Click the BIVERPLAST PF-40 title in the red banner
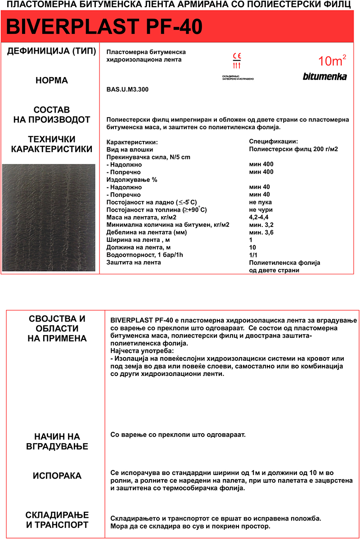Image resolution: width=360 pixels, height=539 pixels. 104,27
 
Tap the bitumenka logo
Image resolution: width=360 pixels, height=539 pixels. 324,77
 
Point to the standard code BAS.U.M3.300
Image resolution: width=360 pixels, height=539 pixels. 127,90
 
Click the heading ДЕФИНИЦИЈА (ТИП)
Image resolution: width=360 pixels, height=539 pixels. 52,51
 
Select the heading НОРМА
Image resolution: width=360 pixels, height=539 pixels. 52,81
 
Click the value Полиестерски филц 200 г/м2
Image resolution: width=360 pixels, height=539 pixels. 293,149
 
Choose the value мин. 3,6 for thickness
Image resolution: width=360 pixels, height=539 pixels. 261,232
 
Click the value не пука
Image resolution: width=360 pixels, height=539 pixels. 261,202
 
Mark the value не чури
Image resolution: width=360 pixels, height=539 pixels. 261,210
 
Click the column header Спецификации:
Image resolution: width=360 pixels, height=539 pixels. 273,141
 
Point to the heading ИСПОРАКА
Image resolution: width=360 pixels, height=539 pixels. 57,476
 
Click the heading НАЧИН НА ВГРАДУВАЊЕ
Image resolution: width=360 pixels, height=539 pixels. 57,441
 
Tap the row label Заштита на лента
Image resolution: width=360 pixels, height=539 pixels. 134,263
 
